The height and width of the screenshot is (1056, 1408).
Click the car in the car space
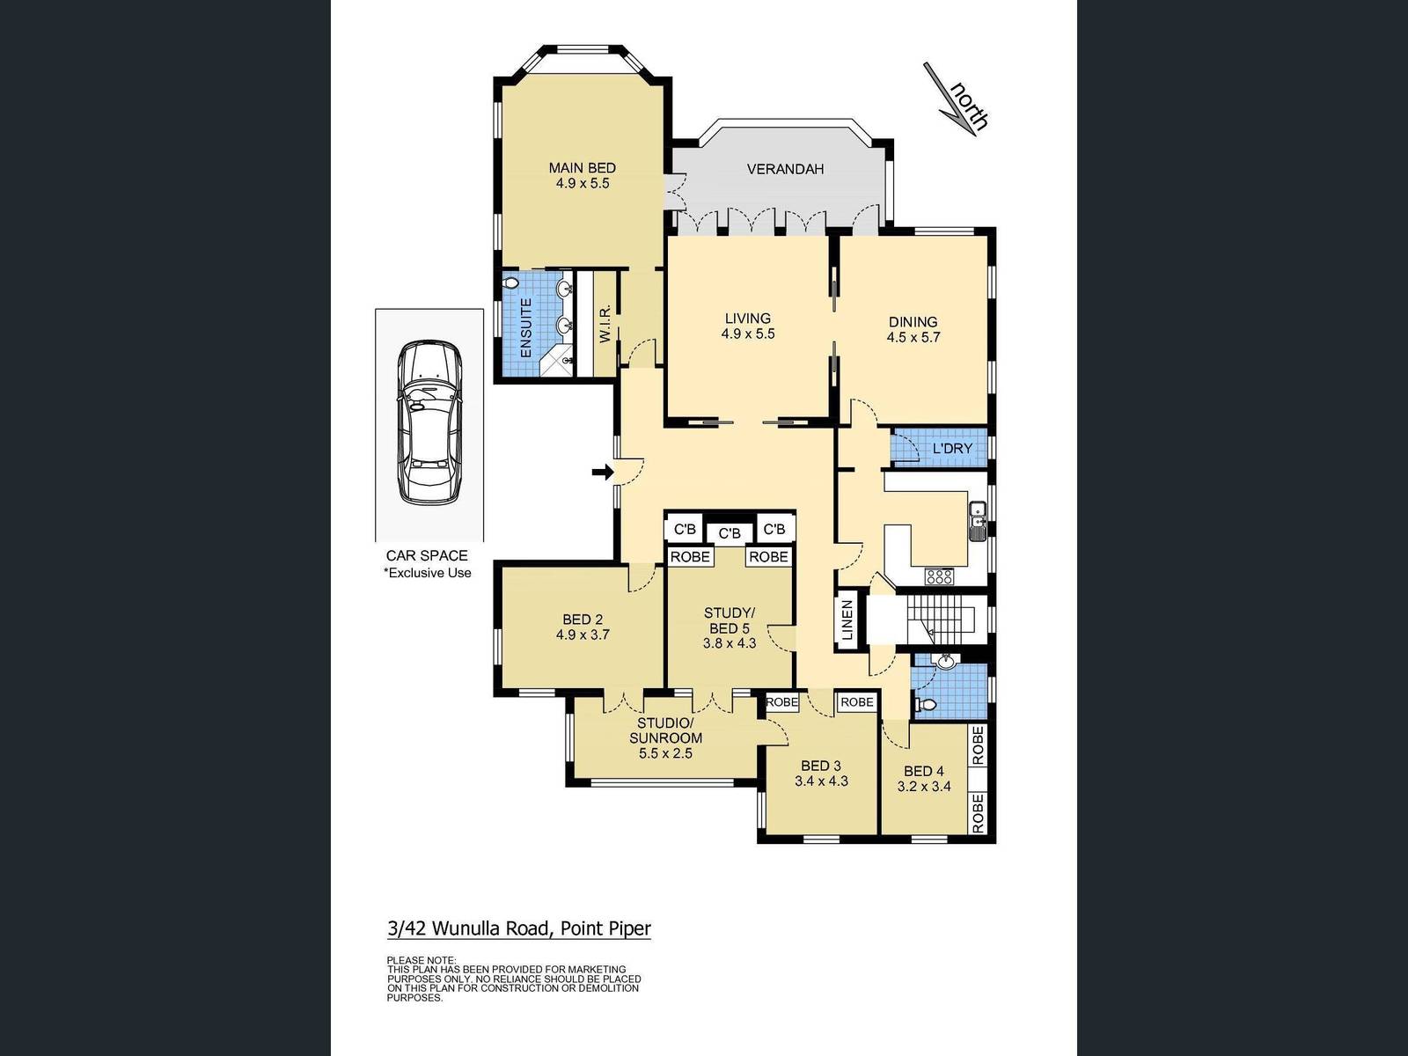429,422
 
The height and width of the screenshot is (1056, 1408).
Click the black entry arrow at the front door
602,473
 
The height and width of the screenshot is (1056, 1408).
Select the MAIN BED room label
582,168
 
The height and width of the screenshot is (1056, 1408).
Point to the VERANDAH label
785,169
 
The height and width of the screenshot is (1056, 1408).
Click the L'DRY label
952,449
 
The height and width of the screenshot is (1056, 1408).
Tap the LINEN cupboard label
847,620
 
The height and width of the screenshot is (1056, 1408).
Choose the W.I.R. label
605,324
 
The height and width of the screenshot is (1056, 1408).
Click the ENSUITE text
526,328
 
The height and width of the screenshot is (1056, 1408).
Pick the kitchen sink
977,521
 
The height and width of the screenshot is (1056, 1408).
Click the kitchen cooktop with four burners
939,576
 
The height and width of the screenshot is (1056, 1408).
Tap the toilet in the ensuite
511,282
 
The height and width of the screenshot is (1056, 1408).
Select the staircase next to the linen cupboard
941,619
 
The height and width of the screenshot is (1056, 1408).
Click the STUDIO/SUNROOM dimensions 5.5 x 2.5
665,753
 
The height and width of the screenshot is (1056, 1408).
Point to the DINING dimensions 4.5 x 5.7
913,337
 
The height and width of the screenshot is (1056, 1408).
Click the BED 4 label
923,772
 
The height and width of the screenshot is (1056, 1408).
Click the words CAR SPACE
427,556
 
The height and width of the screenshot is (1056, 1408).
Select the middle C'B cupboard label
730,533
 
